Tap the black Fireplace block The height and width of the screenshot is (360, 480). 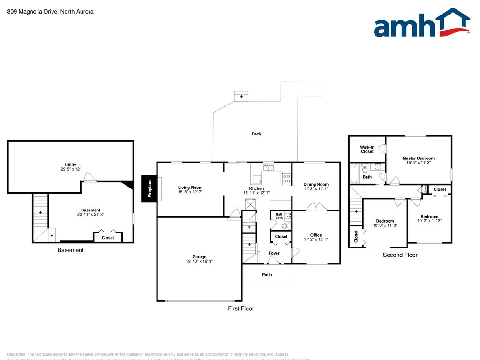click(150, 188)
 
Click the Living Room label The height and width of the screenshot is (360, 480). click(190, 187)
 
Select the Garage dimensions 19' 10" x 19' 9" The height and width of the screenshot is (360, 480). click(199, 262)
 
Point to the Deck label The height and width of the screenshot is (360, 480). click(256, 134)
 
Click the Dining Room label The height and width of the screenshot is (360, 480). click(316, 184)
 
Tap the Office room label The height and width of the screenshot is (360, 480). click(316, 235)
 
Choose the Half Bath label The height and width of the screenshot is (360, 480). click(279, 216)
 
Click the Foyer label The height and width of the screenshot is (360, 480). click(274, 253)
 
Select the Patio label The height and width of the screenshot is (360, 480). click(267, 275)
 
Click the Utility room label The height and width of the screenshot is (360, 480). click(70, 165)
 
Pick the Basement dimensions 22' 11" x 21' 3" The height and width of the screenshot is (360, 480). click(91, 215)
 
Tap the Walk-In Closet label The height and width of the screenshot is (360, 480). click(367, 149)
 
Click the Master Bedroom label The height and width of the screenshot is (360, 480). click(419, 158)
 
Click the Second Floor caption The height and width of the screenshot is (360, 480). click(400, 255)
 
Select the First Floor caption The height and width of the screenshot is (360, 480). click(241, 308)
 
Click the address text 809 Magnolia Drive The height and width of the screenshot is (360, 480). click(50, 12)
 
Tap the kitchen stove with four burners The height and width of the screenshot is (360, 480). click(286, 178)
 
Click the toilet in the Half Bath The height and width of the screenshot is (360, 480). click(287, 225)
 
